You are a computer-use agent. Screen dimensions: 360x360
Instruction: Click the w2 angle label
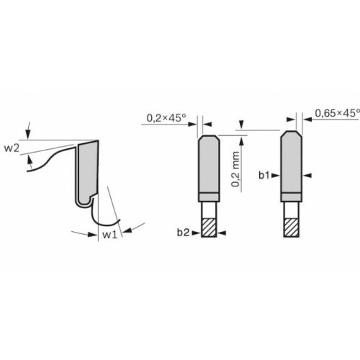click(x=12, y=149)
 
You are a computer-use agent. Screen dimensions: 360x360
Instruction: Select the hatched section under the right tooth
click(x=292, y=227)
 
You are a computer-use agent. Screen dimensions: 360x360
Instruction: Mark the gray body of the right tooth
click(x=292, y=166)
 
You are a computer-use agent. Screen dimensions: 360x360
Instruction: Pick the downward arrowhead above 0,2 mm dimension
click(x=241, y=127)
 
